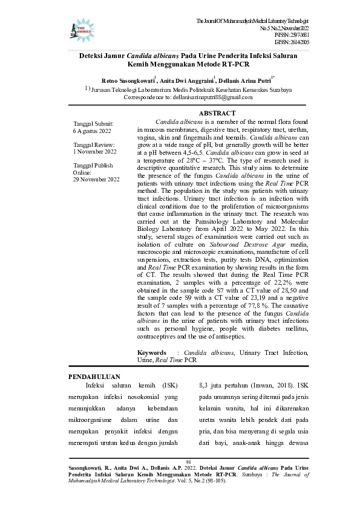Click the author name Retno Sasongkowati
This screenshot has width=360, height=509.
pos(128,80)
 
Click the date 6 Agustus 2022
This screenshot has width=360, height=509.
pos(91,131)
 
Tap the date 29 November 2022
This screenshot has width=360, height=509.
pos(96,180)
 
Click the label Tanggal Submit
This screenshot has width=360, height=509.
pos(93,123)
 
